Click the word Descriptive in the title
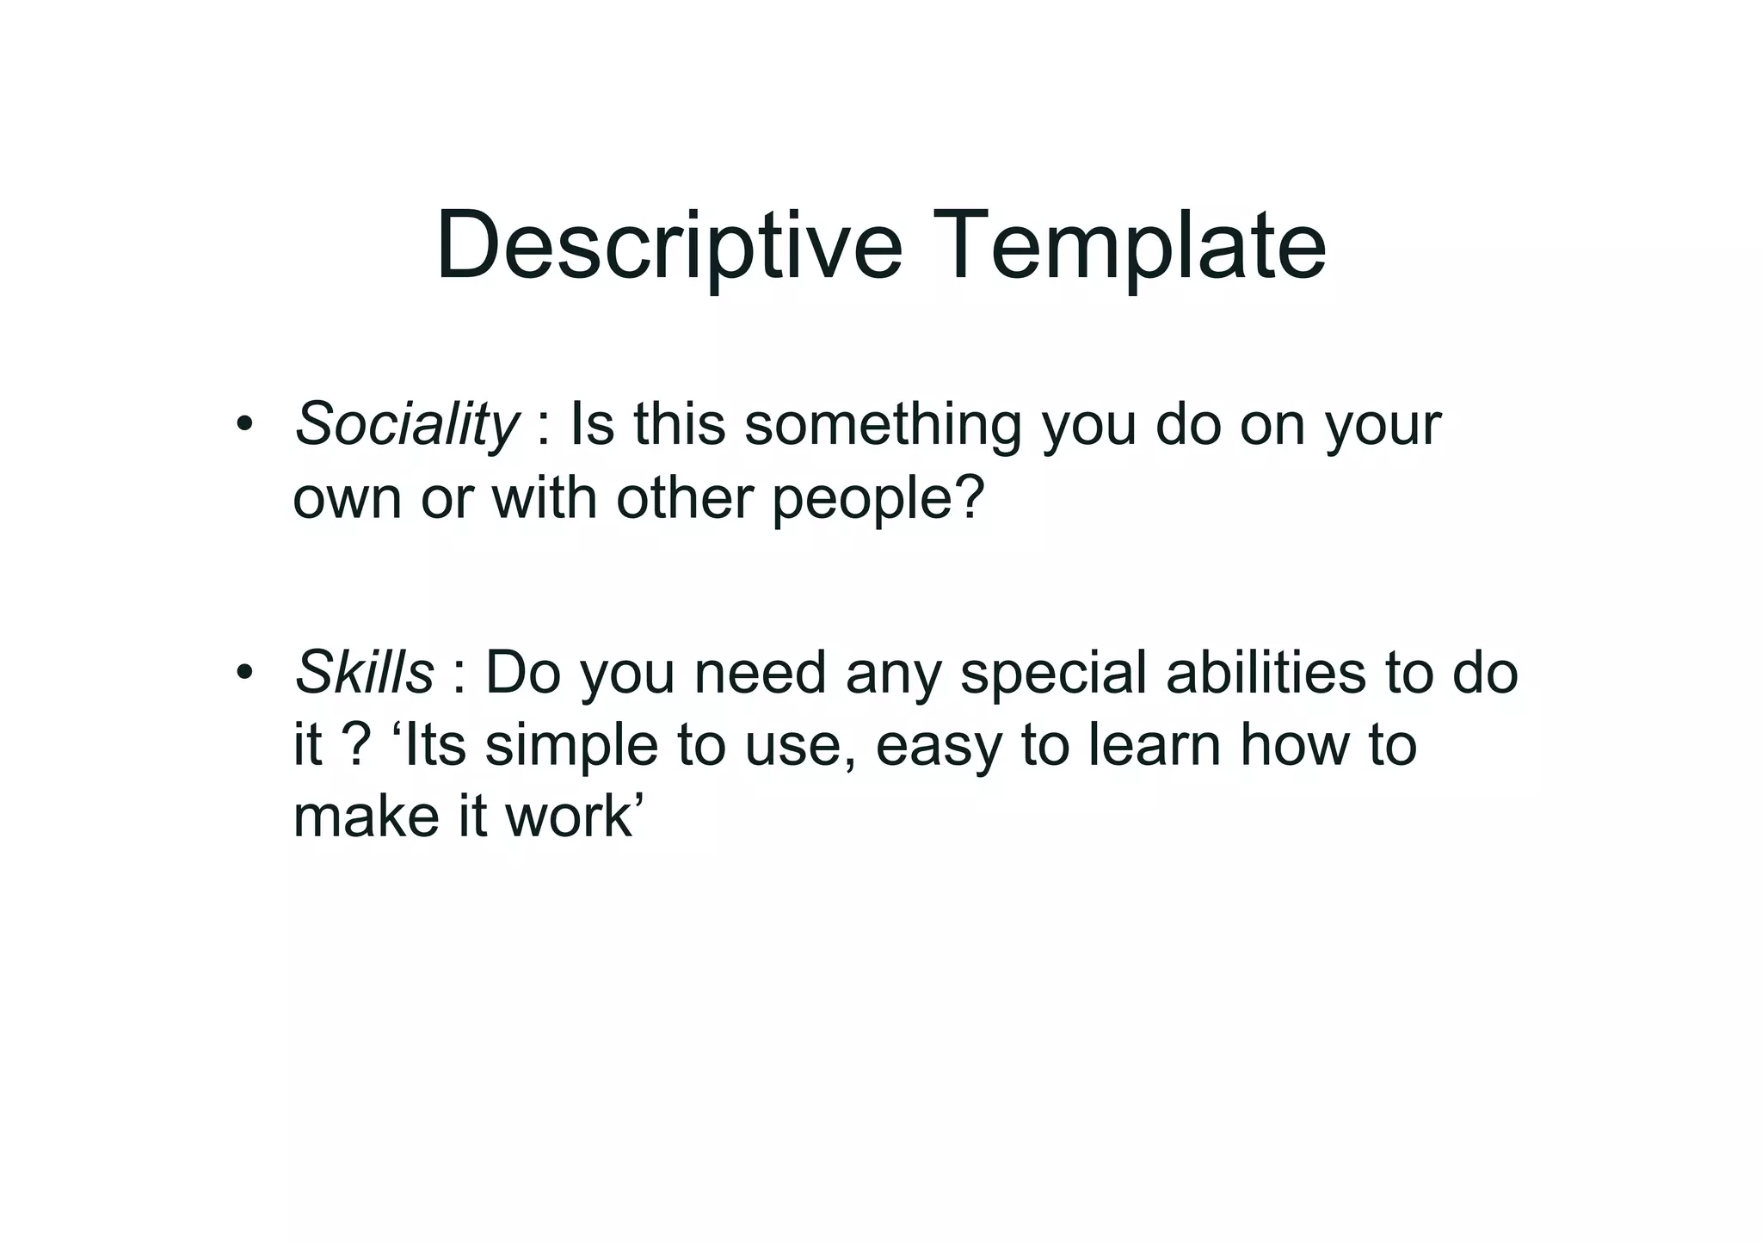[668, 247]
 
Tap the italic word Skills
[364, 672]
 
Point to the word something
[883, 426]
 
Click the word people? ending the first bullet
[878, 499]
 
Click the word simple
[571, 746]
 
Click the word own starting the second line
[347, 499]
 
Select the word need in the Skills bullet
[760, 672]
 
